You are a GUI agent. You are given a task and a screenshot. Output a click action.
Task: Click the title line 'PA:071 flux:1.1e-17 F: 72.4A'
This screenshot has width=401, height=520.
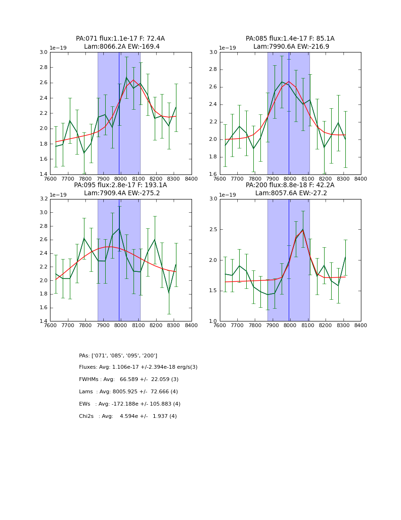(x=120, y=39)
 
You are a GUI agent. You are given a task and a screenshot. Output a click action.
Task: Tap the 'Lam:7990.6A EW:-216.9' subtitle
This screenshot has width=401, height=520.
(x=291, y=47)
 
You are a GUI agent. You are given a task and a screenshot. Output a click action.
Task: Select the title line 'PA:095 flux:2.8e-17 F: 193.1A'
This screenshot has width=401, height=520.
(x=120, y=185)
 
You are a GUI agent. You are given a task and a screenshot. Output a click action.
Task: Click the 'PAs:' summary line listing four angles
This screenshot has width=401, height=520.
(x=118, y=355)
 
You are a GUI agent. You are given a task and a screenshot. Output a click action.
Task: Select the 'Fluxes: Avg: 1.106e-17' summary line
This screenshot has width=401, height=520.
(x=138, y=367)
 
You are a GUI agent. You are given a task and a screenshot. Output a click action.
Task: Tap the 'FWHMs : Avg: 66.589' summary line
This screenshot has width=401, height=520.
(x=129, y=380)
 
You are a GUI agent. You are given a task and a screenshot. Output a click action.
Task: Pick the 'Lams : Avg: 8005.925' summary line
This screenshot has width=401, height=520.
(x=128, y=392)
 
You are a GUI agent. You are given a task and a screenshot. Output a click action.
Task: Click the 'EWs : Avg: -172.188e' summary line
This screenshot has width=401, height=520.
(x=130, y=404)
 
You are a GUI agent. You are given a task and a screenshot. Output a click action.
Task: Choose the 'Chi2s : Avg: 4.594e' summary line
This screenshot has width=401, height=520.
(x=128, y=416)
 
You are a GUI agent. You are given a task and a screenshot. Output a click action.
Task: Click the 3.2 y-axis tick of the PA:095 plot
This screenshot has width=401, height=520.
(x=43, y=199)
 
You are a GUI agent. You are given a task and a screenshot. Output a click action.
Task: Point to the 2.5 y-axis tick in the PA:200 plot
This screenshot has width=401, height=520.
(x=213, y=230)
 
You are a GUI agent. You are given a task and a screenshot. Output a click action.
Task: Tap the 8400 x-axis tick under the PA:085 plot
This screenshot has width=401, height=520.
(x=361, y=179)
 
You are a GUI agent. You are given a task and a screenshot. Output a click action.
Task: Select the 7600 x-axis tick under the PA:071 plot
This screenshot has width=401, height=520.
(x=50, y=179)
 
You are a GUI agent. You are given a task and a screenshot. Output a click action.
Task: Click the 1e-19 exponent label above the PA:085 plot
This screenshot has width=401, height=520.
(x=228, y=48)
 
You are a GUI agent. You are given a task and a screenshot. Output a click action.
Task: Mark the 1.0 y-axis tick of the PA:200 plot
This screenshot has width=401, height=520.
(x=213, y=321)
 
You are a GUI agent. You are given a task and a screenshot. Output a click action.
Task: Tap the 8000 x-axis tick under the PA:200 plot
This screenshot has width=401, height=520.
(x=290, y=325)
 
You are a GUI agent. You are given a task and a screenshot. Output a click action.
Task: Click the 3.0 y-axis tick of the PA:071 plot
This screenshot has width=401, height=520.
(x=43, y=52)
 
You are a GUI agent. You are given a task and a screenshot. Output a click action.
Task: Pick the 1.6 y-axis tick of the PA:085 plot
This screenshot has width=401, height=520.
(x=213, y=174)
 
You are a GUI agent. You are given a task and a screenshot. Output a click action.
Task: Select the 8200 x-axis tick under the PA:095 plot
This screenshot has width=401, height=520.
(x=156, y=325)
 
